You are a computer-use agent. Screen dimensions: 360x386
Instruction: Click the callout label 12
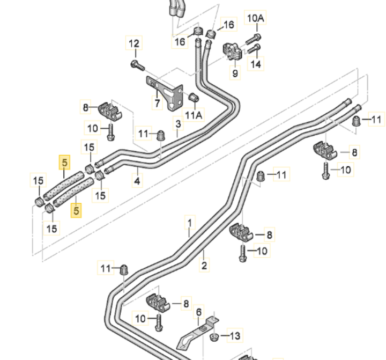pos(135,43)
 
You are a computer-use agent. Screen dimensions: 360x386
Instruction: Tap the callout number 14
pos(256,64)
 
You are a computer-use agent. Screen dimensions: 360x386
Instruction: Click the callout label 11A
pos(194,114)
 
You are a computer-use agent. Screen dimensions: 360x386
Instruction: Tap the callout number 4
pos(137,181)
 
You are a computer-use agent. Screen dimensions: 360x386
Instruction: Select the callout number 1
pos(189,221)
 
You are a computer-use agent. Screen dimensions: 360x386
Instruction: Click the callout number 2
pos(204,265)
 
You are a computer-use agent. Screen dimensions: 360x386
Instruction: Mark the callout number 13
pos(235,336)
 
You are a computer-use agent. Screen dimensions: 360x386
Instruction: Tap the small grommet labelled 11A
pos(194,98)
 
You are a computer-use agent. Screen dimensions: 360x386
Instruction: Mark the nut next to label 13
pos(214,337)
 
